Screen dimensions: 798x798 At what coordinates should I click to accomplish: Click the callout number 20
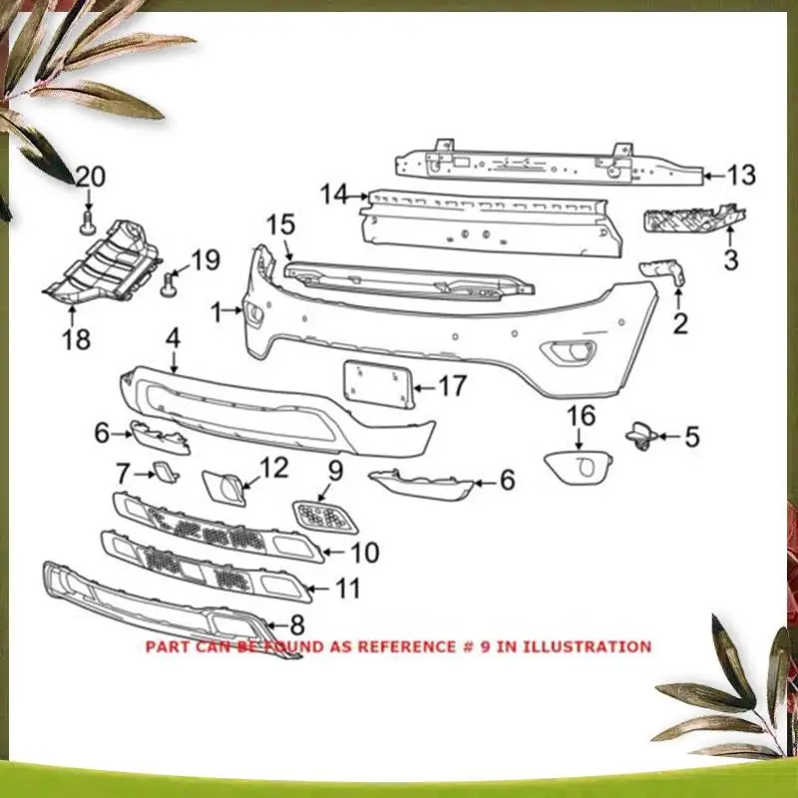(x=90, y=178)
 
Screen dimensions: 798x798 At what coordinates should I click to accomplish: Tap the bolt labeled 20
(x=89, y=220)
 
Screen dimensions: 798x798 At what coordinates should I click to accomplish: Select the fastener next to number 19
(x=169, y=287)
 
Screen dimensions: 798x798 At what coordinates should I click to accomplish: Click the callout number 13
(x=741, y=177)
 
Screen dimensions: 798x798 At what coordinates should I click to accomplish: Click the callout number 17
(x=452, y=385)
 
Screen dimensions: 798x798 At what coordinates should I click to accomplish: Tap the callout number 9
(x=334, y=467)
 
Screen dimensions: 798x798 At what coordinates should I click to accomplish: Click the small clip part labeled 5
(x=637, y=434)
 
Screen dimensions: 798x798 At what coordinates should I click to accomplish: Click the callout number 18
(x=76, y=340)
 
